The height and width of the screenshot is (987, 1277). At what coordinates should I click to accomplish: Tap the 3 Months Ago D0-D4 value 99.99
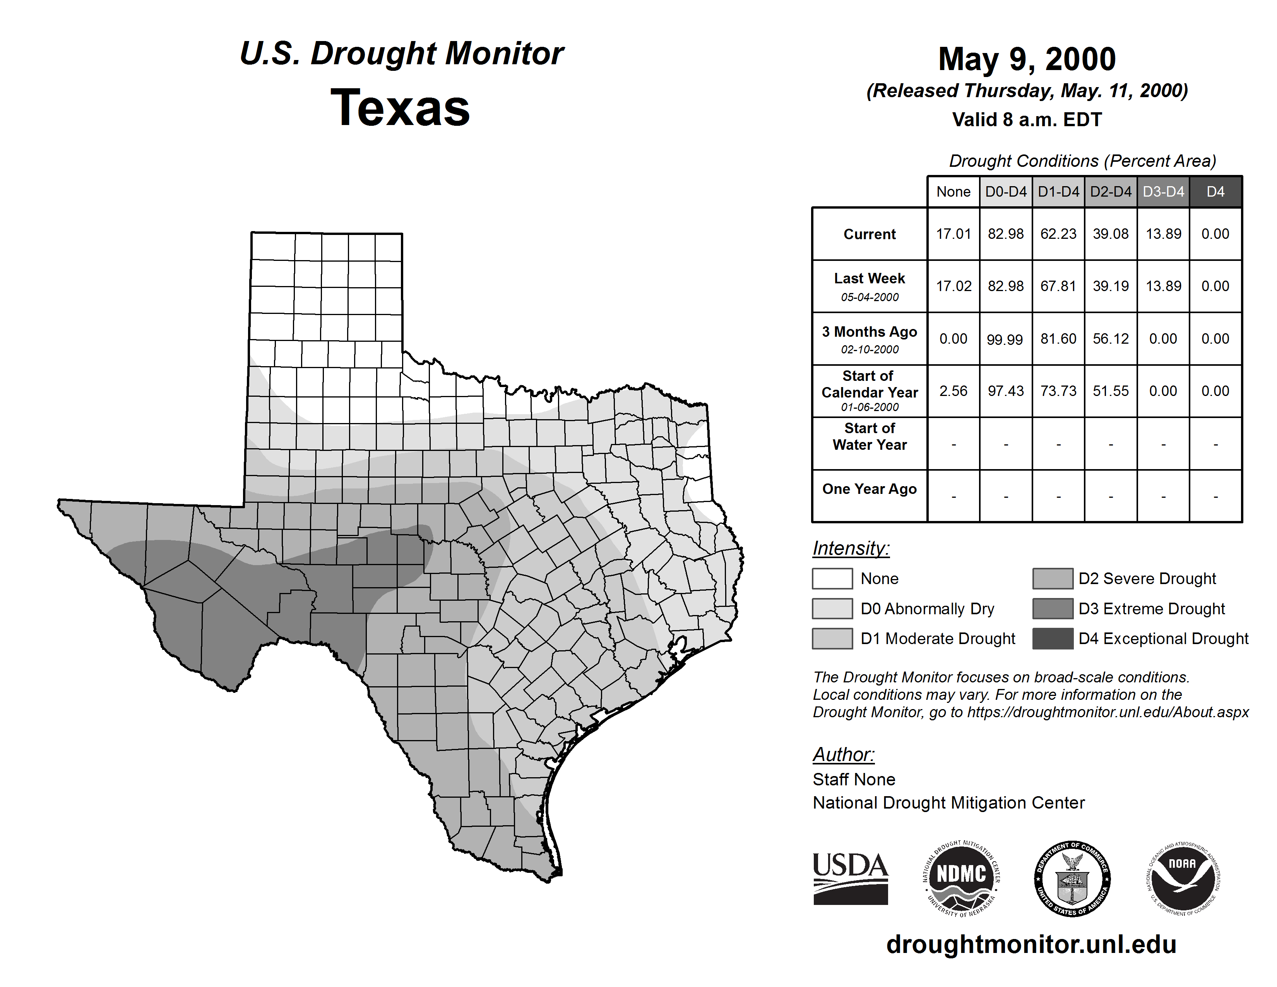pyautogui.click(x=1005, y=339)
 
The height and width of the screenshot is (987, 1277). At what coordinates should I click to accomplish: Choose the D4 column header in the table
pyautogui.click(x=1215, y=192)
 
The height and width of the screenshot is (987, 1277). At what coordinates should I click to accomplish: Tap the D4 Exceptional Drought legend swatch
pyautogui.click(x=1053, y=639)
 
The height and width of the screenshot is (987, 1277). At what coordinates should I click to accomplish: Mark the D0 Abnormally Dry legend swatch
pyautogui.click(x=832, y=609)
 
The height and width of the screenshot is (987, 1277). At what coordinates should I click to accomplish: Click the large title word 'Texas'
pyautogui.click(x=400, y=108)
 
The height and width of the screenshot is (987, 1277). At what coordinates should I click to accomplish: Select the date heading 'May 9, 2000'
pyautogui.click(x=1027, y=60)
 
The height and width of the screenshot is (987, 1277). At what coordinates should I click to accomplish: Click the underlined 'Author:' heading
pyautogui.click(x=843, y=755)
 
